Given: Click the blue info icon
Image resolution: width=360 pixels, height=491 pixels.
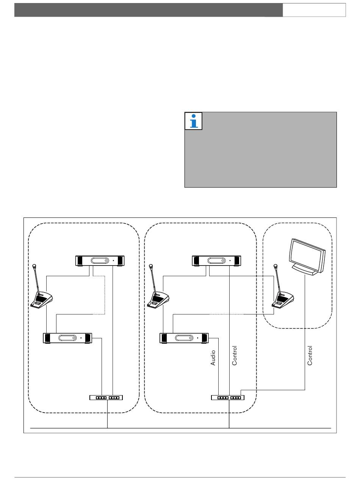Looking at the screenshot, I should click(193, 121).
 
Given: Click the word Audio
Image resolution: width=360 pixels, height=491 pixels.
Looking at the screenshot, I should click(213, 358).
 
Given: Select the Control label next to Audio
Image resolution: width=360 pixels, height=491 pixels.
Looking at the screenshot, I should click(235, 355).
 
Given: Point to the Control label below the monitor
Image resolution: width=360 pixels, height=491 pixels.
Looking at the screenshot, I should click(310, 355).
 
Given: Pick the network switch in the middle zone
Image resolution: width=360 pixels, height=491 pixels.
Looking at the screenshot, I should click(228, 398).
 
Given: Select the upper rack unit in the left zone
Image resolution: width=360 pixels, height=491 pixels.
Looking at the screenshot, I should click(100, 261).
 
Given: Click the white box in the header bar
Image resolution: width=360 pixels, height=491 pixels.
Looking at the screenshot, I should click(314, 10).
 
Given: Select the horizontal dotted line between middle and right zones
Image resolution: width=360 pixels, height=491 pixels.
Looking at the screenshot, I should click(227, 314).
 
